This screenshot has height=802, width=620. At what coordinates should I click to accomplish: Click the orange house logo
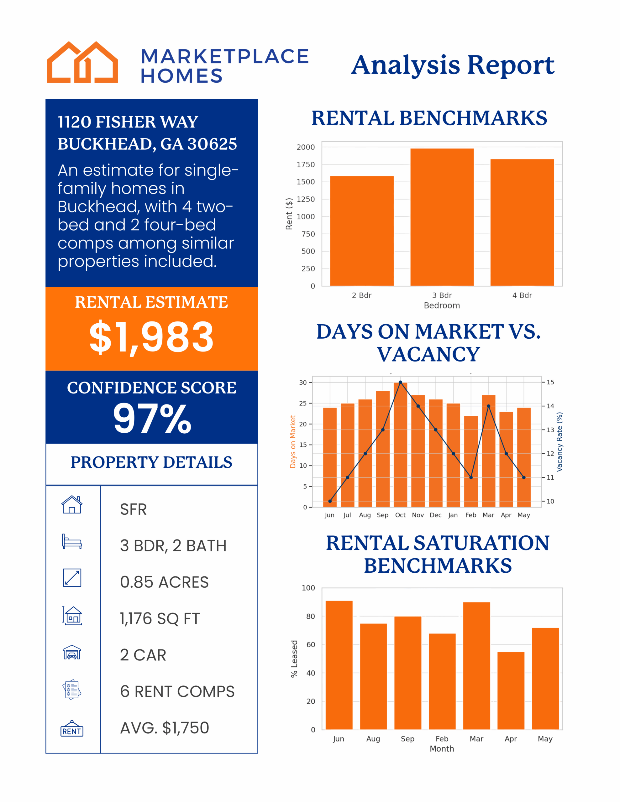click(x=82, y=62)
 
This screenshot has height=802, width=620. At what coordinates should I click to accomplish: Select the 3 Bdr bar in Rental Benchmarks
click(x=442, y=217)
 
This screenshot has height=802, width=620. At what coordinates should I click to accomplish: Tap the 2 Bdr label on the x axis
click(x=362, y=295)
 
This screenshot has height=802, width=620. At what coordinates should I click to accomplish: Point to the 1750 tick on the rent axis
click(x=306, y=164)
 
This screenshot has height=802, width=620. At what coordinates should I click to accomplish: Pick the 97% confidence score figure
click(x=152, y=419)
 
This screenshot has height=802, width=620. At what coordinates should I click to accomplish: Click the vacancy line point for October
click(x=400, y=382)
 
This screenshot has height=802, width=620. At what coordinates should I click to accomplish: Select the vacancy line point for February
click(x=471, y=477)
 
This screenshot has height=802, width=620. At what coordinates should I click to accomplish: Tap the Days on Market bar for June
click(x=330, y=457)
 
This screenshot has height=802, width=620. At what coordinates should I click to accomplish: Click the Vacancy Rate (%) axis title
click(x=560, y=442)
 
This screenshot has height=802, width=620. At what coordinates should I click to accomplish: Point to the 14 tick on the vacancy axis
click(x=550, y=406)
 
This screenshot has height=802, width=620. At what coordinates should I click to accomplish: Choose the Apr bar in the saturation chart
click(x=511, y=690)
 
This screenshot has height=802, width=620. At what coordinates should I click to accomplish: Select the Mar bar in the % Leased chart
click(x=476, y=665)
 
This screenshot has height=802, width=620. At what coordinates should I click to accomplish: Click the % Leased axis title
click(x=294, y=659)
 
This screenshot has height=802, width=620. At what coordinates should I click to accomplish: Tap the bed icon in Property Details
click(x=72, y=541)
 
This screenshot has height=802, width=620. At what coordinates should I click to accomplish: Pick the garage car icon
click(x=72, y=653)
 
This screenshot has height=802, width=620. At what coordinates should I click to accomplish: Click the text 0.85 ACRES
click(x=164, y=582)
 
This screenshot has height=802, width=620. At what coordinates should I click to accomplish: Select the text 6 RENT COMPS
click(x=177, y=692)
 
